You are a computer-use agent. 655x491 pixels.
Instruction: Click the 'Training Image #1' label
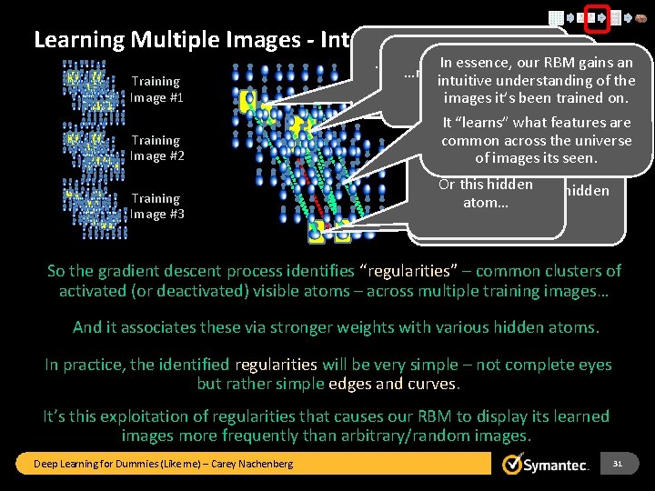tap(156, 89)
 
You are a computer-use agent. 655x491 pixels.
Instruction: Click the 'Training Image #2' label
tap(156, 148)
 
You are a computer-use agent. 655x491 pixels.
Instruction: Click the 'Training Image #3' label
tap(156, 206)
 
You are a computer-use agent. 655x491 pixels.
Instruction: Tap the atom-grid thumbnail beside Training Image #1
tap(91, 86)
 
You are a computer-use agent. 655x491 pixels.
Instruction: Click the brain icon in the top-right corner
tap(639, 16)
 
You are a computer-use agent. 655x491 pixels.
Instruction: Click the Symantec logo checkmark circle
tap(514, 464)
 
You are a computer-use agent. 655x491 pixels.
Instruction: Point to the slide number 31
tap(618, 464)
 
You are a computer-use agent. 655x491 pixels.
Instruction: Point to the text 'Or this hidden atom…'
tap(485, 193)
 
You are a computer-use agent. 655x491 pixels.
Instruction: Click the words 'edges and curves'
tap(397, 383)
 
